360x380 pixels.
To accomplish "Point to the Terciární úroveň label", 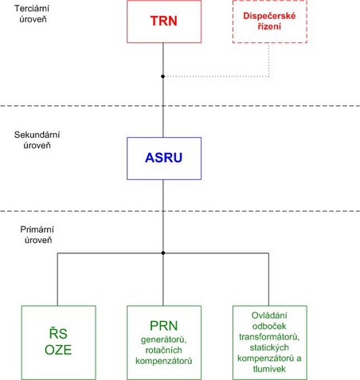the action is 32,14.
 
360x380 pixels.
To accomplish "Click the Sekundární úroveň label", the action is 37,140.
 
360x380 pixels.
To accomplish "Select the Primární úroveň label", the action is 37,235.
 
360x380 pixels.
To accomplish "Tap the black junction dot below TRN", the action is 163,76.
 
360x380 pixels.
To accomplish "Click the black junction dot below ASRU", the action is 163,253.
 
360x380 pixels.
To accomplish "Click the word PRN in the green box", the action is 164,326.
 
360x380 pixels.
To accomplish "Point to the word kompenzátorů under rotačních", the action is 164,361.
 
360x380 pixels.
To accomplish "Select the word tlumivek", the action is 269,369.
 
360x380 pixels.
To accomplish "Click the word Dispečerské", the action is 269,16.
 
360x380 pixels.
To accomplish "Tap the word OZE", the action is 58,350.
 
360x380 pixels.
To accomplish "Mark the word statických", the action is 269,347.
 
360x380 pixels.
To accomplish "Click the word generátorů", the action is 163,339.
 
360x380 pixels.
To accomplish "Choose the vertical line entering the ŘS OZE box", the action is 57,280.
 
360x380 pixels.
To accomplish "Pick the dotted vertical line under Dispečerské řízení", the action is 269,60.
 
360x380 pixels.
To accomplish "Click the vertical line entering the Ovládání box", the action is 268,280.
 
